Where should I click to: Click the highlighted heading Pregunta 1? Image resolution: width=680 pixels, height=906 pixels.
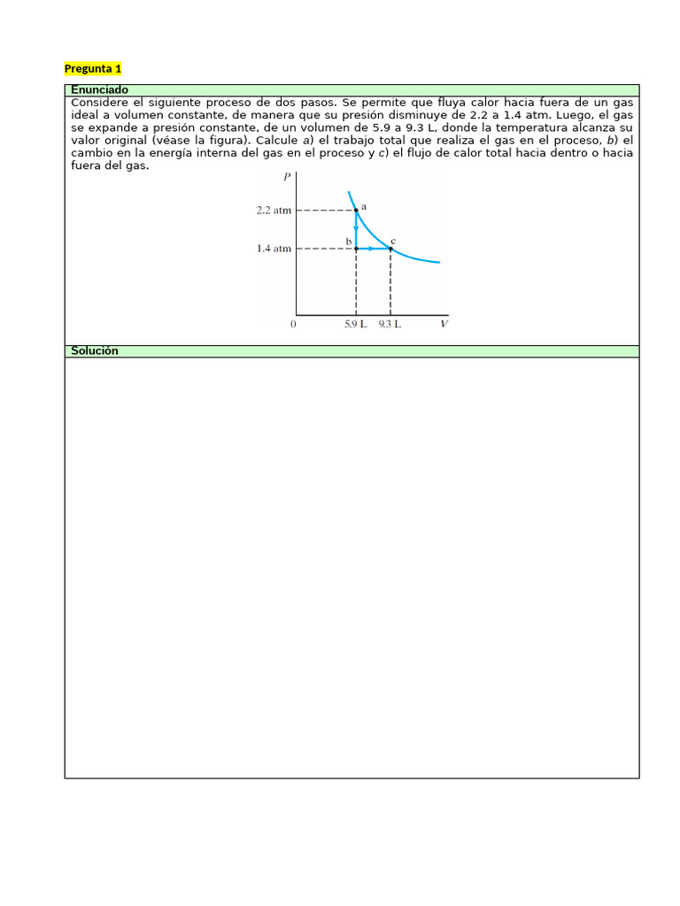[93, 68]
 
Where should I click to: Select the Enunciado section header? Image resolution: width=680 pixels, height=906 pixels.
[99, 90]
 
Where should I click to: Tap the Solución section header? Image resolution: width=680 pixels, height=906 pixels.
[94, 351]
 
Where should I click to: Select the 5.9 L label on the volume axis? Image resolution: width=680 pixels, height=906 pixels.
[356, 325]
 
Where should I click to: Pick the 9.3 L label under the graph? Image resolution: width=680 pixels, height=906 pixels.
[390, 325]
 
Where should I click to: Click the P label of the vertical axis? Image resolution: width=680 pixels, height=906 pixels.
[286, 177]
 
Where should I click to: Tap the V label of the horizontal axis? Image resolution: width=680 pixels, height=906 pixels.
[444, 325]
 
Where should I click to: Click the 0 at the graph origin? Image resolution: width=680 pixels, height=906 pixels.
[293, 325]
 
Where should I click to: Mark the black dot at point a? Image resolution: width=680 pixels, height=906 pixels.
[356, 211]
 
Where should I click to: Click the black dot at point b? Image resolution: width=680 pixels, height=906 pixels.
[356, 249]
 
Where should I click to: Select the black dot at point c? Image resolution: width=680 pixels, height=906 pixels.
[390, 249]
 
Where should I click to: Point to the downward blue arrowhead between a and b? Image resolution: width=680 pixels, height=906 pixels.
[356, 229]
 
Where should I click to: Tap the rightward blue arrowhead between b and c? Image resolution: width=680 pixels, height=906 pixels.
[371, 249]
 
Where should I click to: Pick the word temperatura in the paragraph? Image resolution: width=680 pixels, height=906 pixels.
[534, 127]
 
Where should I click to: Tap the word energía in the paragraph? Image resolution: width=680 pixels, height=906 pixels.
[151, 153]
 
